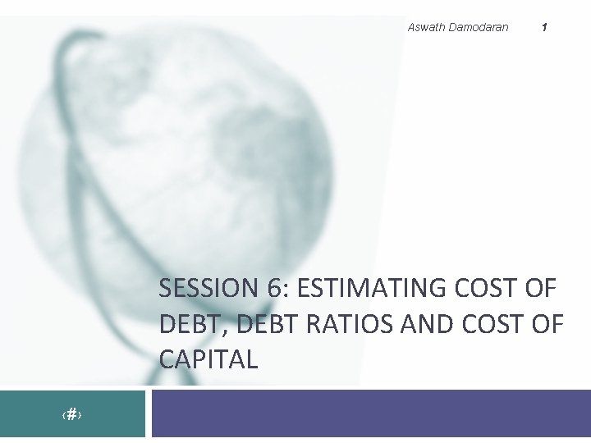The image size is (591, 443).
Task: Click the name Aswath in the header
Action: [425, 27]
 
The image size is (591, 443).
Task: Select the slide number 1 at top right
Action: [544, 27]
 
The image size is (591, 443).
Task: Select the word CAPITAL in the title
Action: [208, 359]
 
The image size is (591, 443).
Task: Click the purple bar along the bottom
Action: [369, 413]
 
